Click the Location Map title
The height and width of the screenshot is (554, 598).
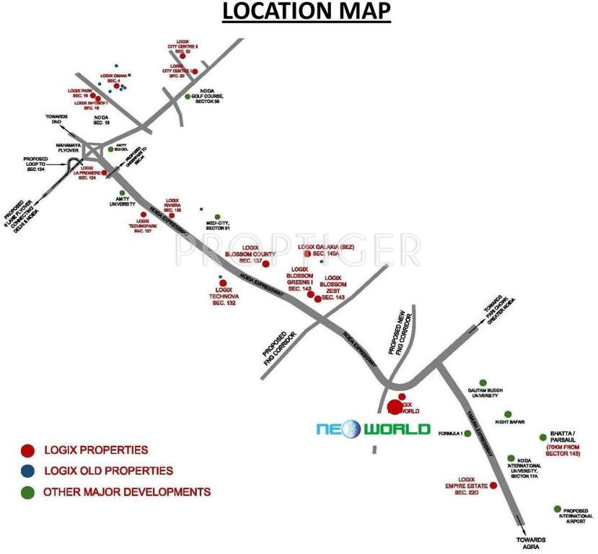tap(307, 12)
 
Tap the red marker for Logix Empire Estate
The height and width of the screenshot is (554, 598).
tap(493, 485)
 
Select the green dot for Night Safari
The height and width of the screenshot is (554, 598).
tap(508, 414)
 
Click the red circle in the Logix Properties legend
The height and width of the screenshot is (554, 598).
tap(27, 451)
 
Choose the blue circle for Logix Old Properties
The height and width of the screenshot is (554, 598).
tap(27, 472)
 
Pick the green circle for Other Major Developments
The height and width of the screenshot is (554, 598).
tap(27, 493)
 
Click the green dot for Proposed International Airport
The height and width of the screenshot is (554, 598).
tap(557, 509)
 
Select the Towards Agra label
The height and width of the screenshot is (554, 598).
tap(530, 543)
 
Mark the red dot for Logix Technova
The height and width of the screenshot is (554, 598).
tap(223, 283)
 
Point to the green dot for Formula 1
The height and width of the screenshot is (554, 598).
tap(467, 434)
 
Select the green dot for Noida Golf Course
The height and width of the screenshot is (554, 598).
tap(188, 96)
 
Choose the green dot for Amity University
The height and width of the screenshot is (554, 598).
tap(122, 193)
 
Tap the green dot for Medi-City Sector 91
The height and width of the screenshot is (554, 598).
tap(217, 216)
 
